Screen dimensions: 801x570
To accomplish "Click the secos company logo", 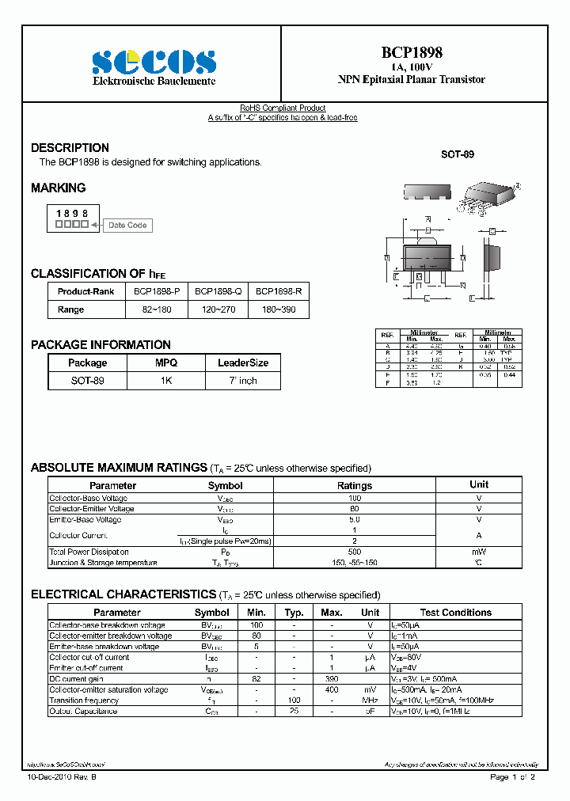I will coord(153,61).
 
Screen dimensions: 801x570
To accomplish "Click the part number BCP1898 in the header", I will coord(412,52).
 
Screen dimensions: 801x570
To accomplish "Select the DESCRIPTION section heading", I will coord(70,148).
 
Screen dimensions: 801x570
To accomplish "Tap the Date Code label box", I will coord(127,225).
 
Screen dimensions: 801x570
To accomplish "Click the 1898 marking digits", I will coord(71,214).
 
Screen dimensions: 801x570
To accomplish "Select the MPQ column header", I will coord(166,363).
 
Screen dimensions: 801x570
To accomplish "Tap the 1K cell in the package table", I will coord(166,381).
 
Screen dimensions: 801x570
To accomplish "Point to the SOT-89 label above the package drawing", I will coord(457,154).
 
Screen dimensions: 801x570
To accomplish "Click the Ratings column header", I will coord(354,485).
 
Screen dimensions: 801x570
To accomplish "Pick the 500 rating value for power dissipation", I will coord(354,552).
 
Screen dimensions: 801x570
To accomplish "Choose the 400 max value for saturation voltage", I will coord(331,689).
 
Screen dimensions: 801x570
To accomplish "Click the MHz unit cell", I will coord(370,700).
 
